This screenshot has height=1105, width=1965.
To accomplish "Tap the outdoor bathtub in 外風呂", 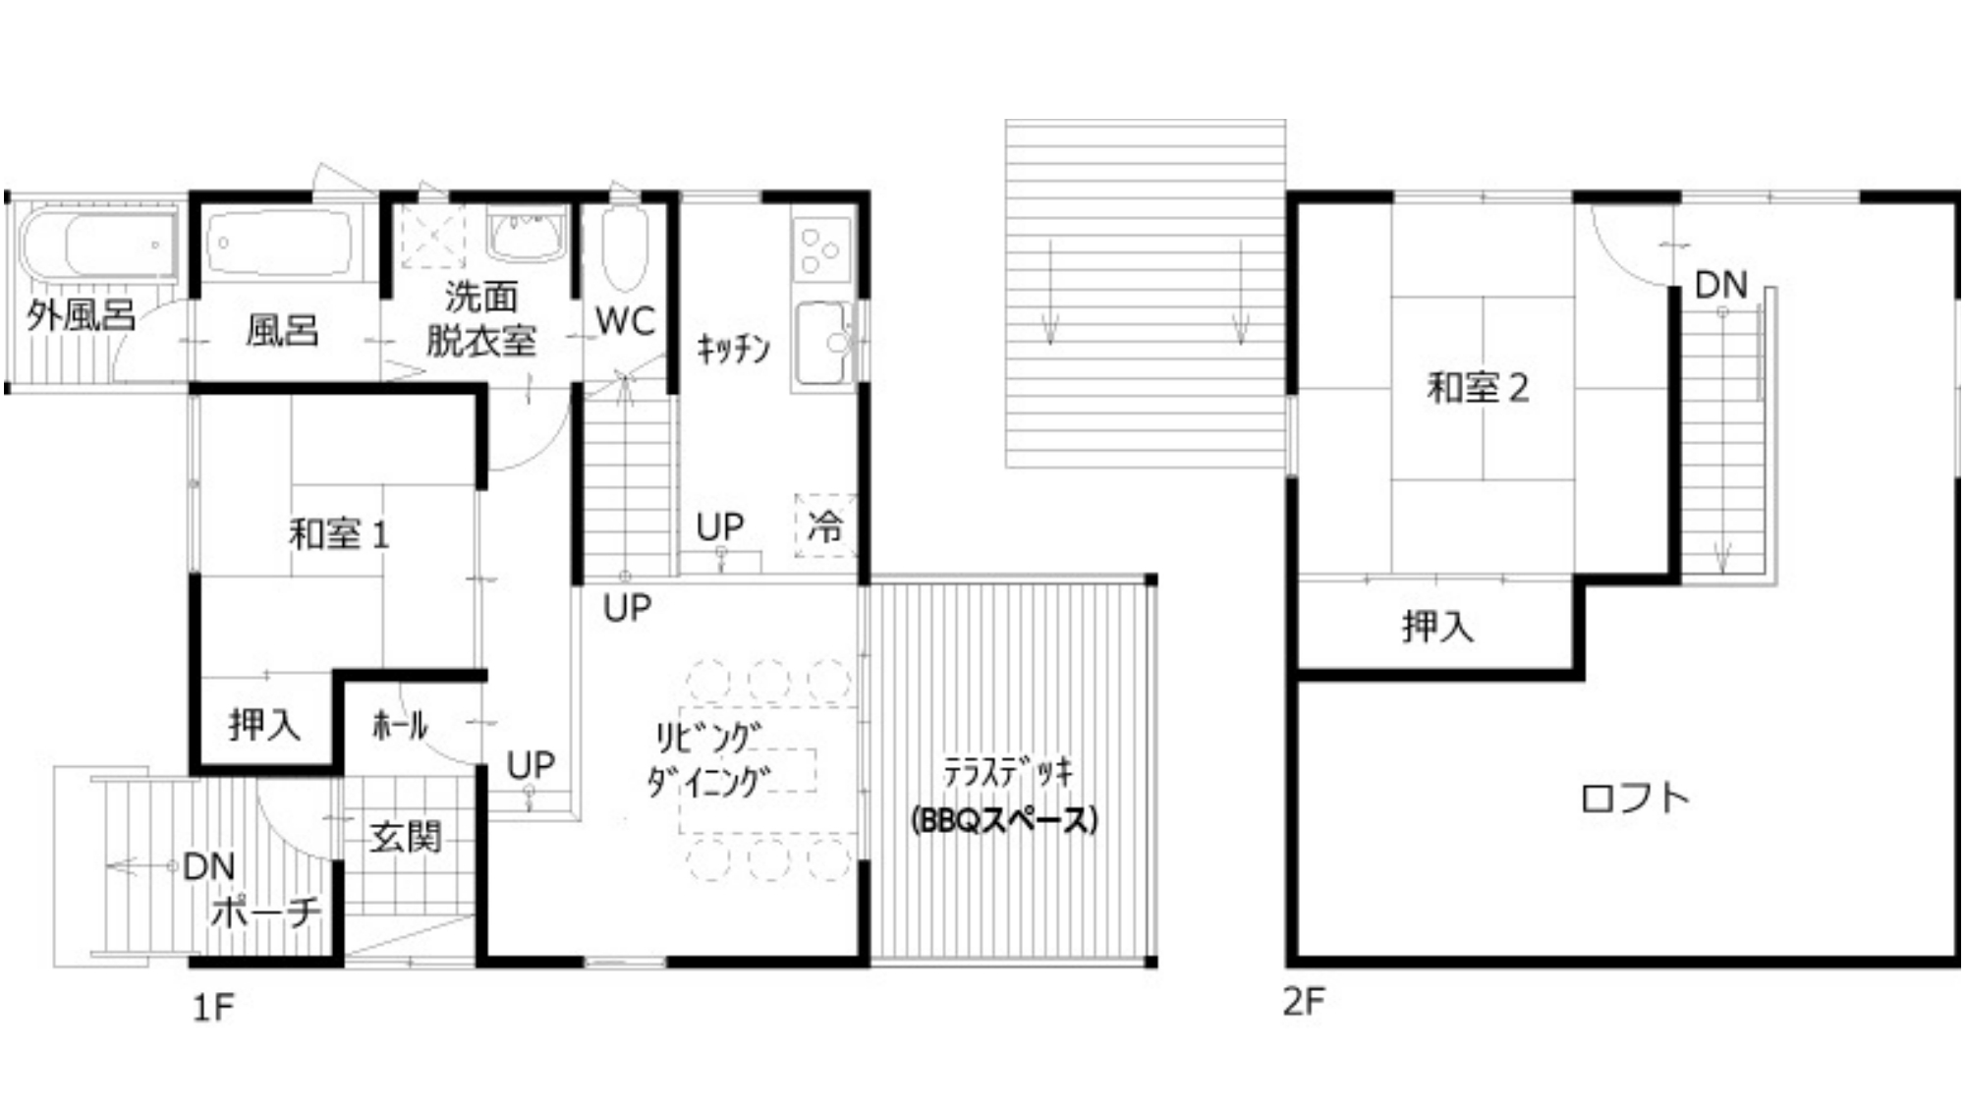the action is (x=98, y=243).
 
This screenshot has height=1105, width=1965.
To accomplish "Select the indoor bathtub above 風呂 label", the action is (x=281, y=243).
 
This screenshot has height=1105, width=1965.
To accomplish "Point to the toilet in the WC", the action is (x=625, y=246).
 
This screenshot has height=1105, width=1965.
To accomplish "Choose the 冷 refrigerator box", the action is (x=825, y=526).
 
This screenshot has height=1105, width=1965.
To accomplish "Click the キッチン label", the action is (x=733, y=349).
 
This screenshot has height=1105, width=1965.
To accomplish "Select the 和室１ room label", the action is (x=339, y=535).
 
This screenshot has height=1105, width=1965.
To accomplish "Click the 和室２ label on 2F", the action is (x=1478, y=388).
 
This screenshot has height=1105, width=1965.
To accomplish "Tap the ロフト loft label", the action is (x=1635, y=797).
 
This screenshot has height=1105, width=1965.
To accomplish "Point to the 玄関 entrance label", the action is (x=405, y=837).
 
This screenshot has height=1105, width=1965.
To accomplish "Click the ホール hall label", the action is (x=400, y=726).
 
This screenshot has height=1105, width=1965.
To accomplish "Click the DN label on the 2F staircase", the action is (x=1721, y=286).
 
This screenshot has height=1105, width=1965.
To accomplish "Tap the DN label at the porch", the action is (x=209, y=867).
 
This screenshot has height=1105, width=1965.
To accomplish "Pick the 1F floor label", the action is (x=213, y=1008).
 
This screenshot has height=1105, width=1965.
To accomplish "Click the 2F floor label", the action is (x=1304, y=1002).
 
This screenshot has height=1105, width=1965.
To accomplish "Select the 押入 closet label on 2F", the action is (x=1438, y=627).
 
